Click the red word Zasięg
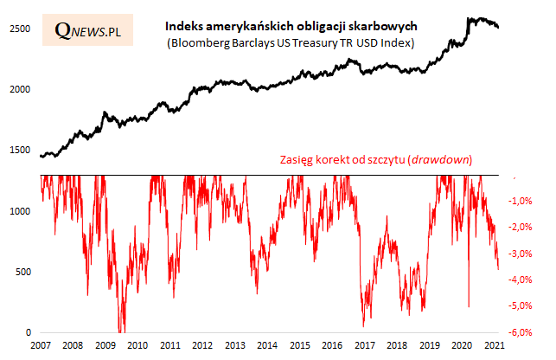297,160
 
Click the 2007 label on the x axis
40,344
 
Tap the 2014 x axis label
267,344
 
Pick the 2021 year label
495,344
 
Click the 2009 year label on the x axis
105,344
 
